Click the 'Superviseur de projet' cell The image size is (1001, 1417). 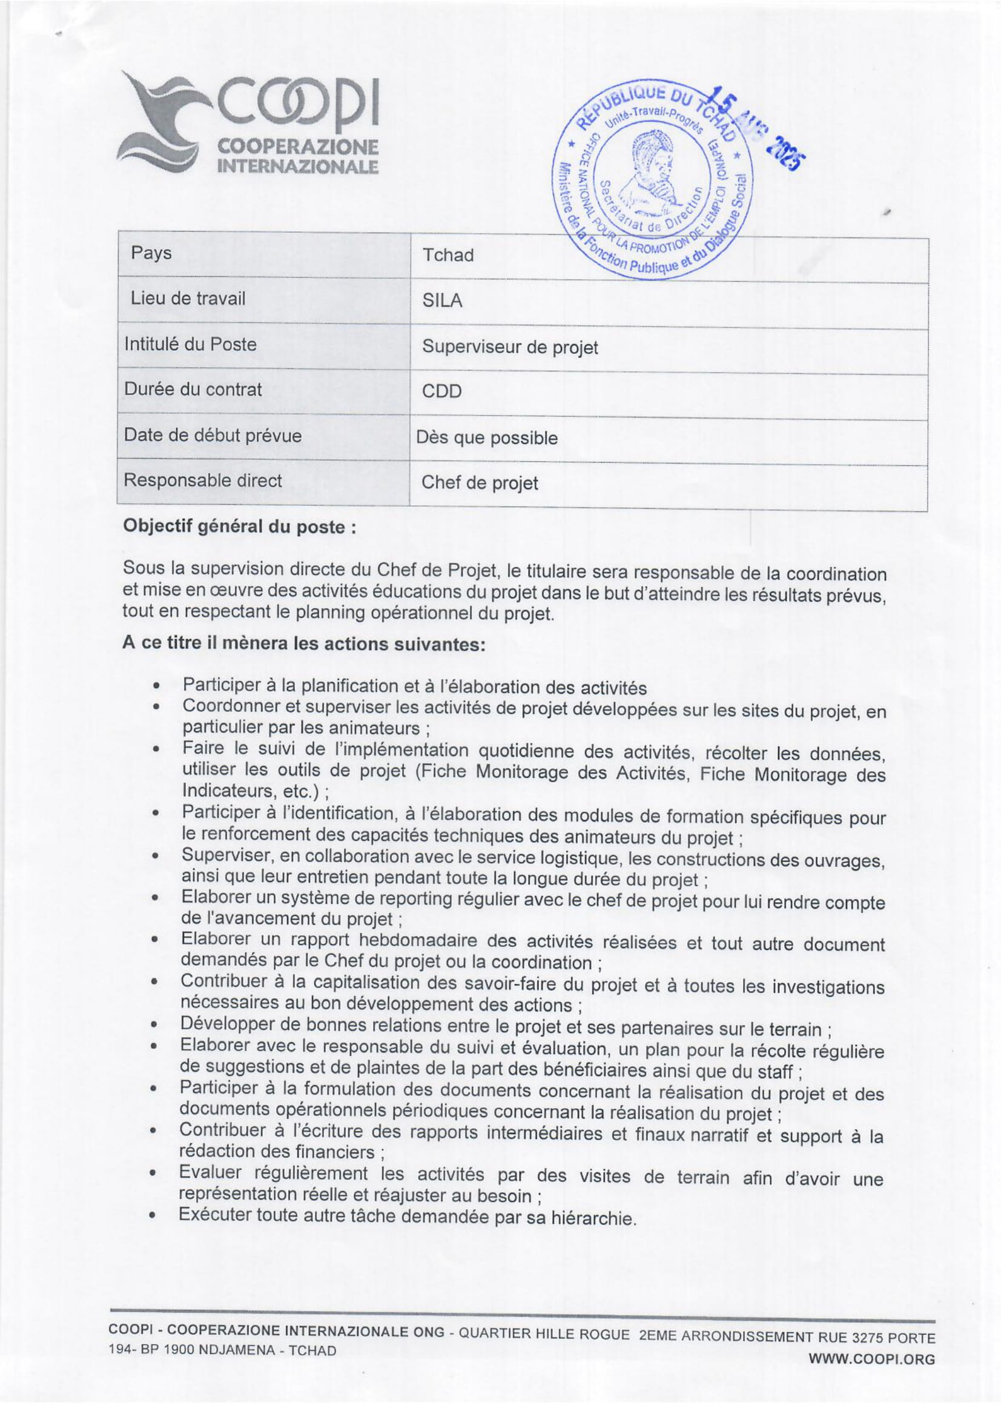(x=510, y=348)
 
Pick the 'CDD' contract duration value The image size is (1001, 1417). (x=441, y=392)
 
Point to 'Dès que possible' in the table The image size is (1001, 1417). (x=487, y=438)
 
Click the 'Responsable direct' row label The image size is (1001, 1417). (x=202, y=480)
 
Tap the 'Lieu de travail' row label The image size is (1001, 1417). (x=188, y=299)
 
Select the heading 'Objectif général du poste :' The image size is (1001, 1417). (x=239, y=526)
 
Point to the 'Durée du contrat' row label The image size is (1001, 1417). (x=193, y=390)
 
